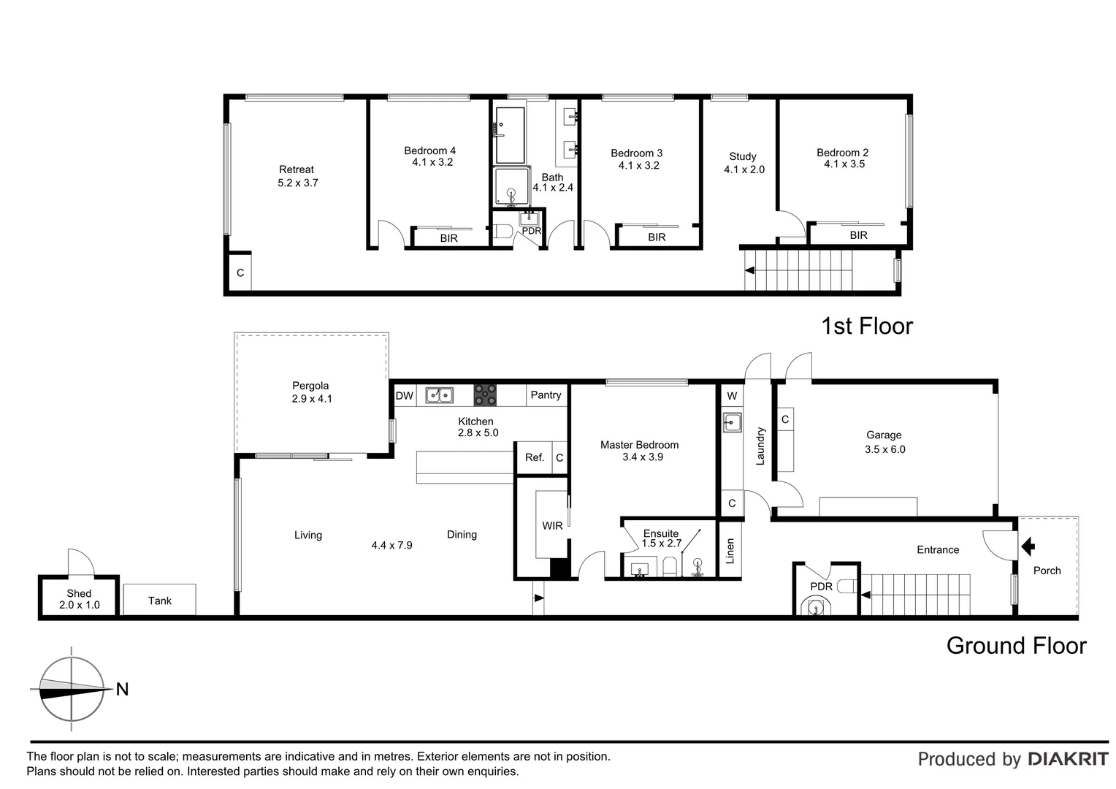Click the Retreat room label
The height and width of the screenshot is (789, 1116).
[x=296, y=169]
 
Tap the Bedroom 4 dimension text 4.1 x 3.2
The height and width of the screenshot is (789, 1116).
[x=432, y=162]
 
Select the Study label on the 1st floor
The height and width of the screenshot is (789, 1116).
[x=742, y=156]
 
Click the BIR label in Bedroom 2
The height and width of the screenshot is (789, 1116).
[x=858, y=235]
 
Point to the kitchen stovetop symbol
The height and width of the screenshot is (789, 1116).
[x=485, y=395]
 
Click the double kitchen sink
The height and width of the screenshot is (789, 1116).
[x=440, y=395]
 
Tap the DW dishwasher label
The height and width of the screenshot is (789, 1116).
[x=404, y=396]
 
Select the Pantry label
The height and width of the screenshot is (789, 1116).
[x=546, y=395]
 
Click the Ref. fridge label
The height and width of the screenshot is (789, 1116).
[x=535, y=457]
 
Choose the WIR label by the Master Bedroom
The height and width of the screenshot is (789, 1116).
[x=552, y=526]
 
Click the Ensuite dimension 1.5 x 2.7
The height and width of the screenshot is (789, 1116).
[x=661, y=544]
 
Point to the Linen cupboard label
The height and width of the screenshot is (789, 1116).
[x=730, y=552]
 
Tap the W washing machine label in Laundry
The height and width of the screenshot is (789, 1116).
[x=732, y=396]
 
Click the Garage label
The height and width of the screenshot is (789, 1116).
[x=884, y=435]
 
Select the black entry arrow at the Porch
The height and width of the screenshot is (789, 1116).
[x=1028, y=546]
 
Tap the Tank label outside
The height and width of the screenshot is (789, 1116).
[x=159, y=601]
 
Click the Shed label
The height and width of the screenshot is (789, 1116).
[x=79, y=593]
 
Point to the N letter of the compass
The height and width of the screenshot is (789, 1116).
[x=122, y=689]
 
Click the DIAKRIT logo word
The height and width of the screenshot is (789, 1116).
[x=1067, y=759]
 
